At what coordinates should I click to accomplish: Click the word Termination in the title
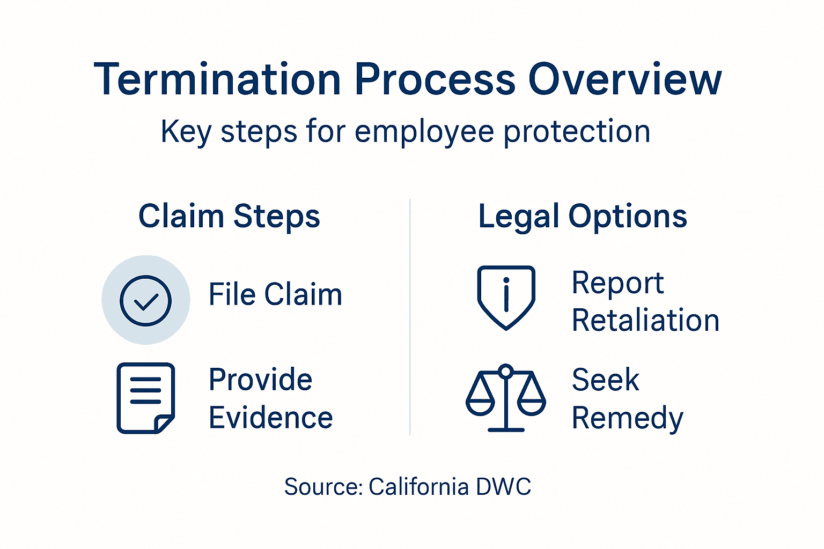pyautogui.click(x=218, y=79)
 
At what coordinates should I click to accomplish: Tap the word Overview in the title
pyautogui.click(x=625, y=79)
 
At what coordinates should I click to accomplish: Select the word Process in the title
pyautogui.click(x=435, y=79)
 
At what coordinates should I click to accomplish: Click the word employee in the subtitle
pyautogui.click(x=424, y=132)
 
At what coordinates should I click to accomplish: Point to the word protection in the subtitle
pyautogui.click(x=577, y=132)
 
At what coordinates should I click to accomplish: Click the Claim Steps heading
pyautogui.click(x=229, y=216)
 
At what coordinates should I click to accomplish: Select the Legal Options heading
pyautogui.click(x=583, y=216)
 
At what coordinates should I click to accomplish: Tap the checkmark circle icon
pyautogui.click(x=146, y=300)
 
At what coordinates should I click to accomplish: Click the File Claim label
pyautogui.click(x=275, y=294)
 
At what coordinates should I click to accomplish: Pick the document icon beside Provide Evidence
pyautogui.click(x=146, y=398)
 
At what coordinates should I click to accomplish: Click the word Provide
pyautogui.click(x=261, y=380)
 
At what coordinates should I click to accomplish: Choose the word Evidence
pyautogui.click(x=271, y=418)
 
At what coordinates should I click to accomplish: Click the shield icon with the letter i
pyautogui.click(x=506, y=296)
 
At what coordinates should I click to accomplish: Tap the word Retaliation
pyautogui.click(x=645, y=321)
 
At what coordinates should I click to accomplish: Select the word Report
pyautogui.click(x=618, y=283)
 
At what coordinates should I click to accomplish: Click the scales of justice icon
pyautogui.click(x=506, y=398)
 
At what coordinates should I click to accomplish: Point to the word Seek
pyautogui.click(x=606, y=380)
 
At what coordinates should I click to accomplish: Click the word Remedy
pyautogui.click(x=628, y=418)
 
